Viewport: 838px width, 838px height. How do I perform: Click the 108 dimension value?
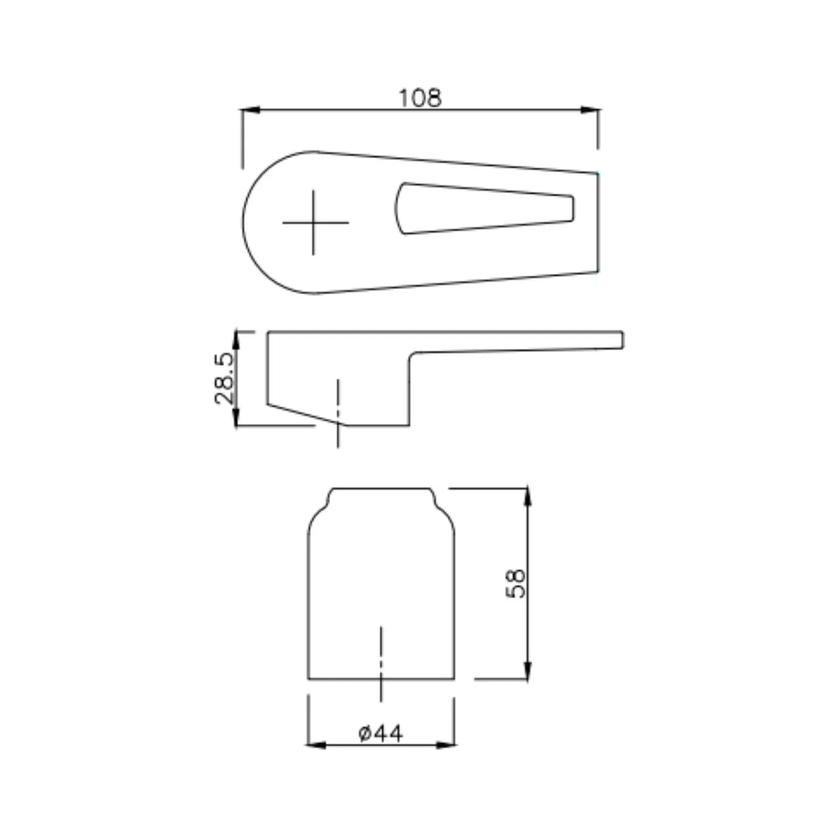pyautogui.click(x=420, y=98)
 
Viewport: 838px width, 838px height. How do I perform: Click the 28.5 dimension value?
pyautogui.click(x=224, y=379)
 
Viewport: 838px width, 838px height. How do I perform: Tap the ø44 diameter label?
pyautogui.click(x=381, y=733)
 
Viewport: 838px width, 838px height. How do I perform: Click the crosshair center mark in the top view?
pyautogui.click(x=313, y=222)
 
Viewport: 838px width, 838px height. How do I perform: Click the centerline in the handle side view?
pyautogui.click(x=338, y=413)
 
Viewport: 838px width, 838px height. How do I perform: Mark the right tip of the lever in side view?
pyautogui.click(x=622, y=340)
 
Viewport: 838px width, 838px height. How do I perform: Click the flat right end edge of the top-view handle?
pyautogui.click(x=598, y=222)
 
